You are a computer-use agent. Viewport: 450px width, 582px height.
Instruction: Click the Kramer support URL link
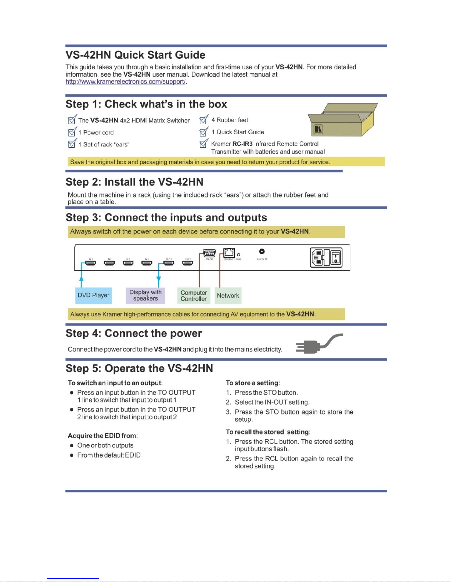pos(126,82)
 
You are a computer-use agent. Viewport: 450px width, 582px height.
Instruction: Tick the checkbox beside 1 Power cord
pos(72,133)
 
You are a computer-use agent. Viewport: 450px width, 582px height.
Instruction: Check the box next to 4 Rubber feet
pos(203,120)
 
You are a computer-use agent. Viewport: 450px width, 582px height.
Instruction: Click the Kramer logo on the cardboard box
pos(318,130)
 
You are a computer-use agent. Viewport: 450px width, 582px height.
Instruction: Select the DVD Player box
pos(93,295)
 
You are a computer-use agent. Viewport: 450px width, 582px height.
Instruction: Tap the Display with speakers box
pos(145,295)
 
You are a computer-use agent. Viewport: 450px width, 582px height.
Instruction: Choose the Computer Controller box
pos(194,296)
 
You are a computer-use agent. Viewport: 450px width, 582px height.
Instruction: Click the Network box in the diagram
pos(228,296)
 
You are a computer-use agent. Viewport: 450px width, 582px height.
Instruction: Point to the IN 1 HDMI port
pos(91,263)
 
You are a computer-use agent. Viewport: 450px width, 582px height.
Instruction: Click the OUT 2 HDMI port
pos(187,263)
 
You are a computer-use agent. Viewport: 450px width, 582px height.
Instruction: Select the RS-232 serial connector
pos(209,253)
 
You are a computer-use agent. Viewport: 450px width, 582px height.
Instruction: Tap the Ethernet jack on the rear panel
pos(229,253)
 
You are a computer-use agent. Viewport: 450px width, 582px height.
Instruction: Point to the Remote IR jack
pos(262,252)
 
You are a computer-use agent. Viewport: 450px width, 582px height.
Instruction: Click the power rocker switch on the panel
pos(336,257)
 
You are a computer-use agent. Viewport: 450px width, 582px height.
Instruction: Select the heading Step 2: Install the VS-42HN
pos(134,182)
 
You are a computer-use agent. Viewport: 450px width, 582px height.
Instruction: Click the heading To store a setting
pos(253,383)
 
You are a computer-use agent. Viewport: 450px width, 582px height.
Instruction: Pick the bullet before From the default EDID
pos(72,455)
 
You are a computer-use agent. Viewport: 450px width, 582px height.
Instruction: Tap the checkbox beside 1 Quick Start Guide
pos(203,132)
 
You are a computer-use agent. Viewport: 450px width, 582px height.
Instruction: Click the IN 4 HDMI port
pos(147,263)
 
